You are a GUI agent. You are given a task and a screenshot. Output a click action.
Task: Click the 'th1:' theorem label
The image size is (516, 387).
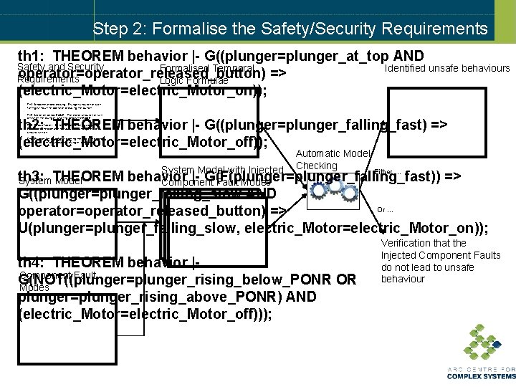[x=32, y=56]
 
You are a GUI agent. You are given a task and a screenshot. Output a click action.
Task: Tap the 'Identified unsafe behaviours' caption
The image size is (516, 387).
[x=446, y=69]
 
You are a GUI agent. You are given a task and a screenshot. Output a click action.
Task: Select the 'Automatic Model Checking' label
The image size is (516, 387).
[x=333, y=159]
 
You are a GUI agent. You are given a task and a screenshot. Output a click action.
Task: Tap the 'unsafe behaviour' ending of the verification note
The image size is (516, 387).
[x=403, y=279]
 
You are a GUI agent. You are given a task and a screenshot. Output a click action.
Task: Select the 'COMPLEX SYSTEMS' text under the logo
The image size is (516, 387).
[x=481, y=376]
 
